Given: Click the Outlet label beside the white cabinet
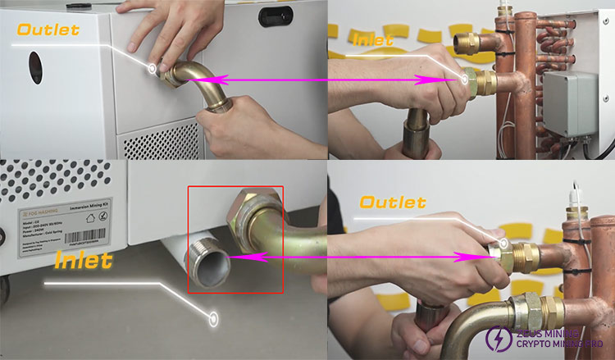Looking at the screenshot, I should pos(48,30).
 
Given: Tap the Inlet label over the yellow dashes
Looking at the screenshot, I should pos(372,39).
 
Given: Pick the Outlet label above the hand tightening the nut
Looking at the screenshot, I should pos(393,203).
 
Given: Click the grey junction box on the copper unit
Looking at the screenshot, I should pos(573,104).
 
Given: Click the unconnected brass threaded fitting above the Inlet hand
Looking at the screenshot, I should pos(466,44).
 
